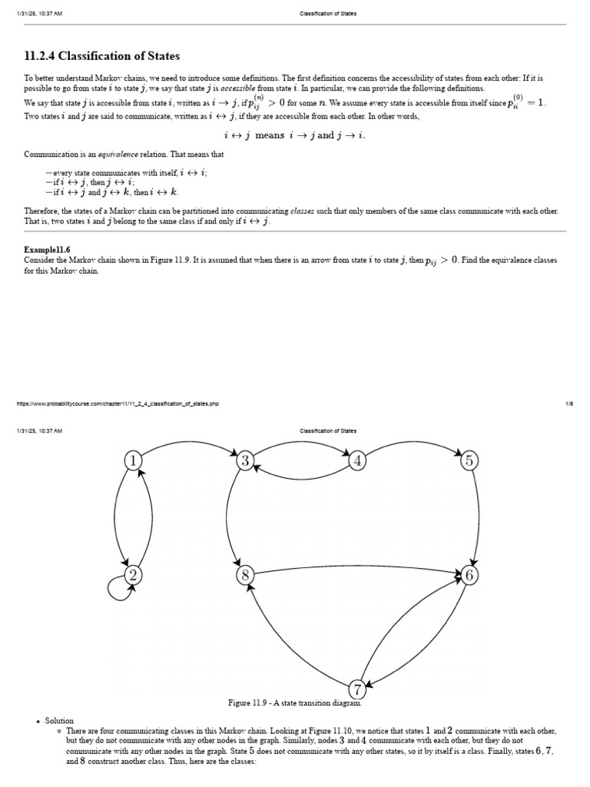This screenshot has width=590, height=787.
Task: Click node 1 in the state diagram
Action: [134, 460]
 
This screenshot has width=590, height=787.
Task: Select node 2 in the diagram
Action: [134, 575]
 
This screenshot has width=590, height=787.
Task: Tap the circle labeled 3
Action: [246, 460]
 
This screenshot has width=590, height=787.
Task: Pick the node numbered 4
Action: [357, 460]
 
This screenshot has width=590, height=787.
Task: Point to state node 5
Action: [469, 460]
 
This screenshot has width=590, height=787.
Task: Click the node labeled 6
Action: [469, 575]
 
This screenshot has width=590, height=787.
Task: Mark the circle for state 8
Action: [246, 575]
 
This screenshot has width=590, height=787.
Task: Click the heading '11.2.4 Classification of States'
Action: [102, 56]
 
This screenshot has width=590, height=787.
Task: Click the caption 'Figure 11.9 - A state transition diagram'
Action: [295, 702]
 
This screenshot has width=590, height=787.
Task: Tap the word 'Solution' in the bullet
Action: [59, 721]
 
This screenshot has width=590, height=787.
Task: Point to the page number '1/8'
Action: [569, 403]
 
